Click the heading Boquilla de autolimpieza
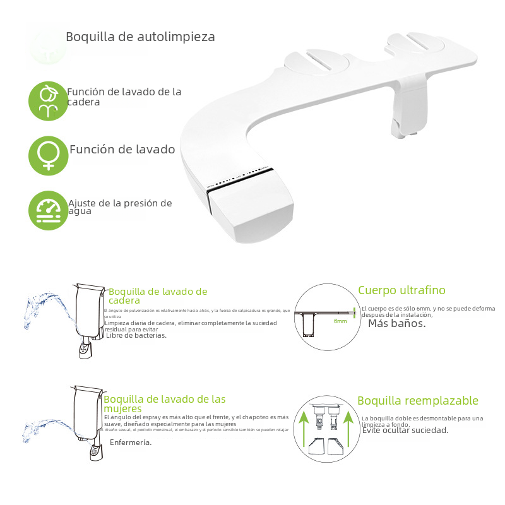pos(140,37)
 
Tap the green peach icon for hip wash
pos(48,100)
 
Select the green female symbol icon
pos(48,155)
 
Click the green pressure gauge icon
pos(48,210)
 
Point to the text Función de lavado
pos(122,150)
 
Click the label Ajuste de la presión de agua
pos(120,207)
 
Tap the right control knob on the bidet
pos(416,44)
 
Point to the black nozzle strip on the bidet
pos(240,179)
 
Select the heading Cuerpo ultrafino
pos(401,290)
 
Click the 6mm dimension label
pos(340,321)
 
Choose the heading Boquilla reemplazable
pos(418,401)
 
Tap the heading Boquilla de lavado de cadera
pos(158,296)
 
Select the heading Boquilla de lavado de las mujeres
pos(164,404)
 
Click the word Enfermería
pos(131,443)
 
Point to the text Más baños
pos(396,323)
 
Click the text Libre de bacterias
pos(136,335)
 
